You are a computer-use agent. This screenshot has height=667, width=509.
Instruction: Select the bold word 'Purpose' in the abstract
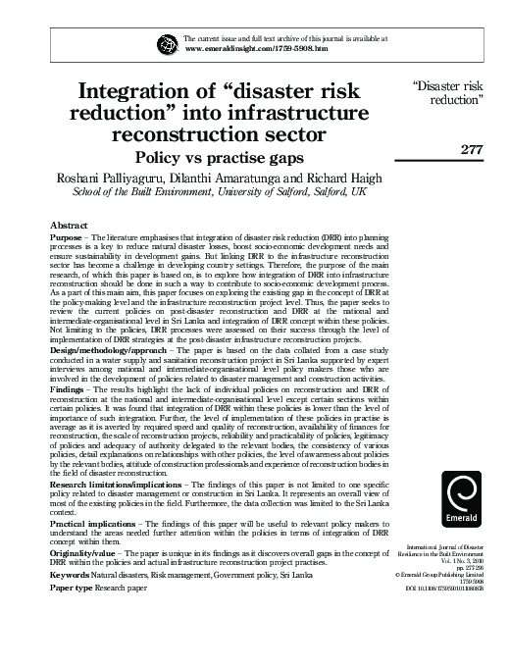click(65, 239)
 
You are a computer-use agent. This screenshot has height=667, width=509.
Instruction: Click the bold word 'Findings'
click(66, 390)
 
